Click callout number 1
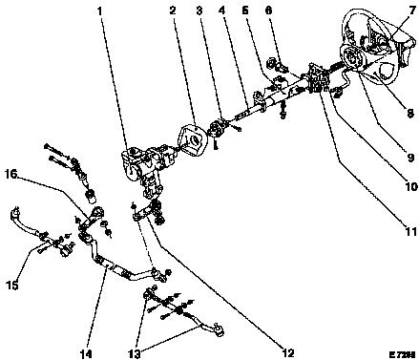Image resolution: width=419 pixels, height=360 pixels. pyautogui.click(x=100, y=11)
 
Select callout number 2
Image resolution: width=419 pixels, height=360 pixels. pyautogui.click(x=173, y=11)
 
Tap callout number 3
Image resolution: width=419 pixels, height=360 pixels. pyautogui.click(x=199, y=11)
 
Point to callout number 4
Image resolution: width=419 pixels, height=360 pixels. pyautogui.click(x=221, y=11)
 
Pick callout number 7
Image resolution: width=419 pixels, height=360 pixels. pyautogui.click(x=412, y=11)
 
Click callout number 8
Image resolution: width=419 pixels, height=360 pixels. pyautogui.click(x=410, y=113)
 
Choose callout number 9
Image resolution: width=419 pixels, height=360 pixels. pyautogui.click(x=410, y=158)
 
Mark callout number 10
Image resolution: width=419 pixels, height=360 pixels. pyautogui.click(x=411, y=186)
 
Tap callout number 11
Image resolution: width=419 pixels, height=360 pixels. pyautogui.click(x=410, y=231)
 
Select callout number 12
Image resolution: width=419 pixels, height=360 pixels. pyautogui.click(x=287, y=352)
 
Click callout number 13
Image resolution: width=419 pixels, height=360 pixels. pyautogui.click(x=135, y=353)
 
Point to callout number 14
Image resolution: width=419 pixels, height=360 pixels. pyautogui.click(x=86, y=353)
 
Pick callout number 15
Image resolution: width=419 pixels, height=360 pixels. pyautogui.click(x=12, y=286)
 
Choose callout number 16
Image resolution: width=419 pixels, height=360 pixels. pyautogui.click(x=11, y=174)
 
